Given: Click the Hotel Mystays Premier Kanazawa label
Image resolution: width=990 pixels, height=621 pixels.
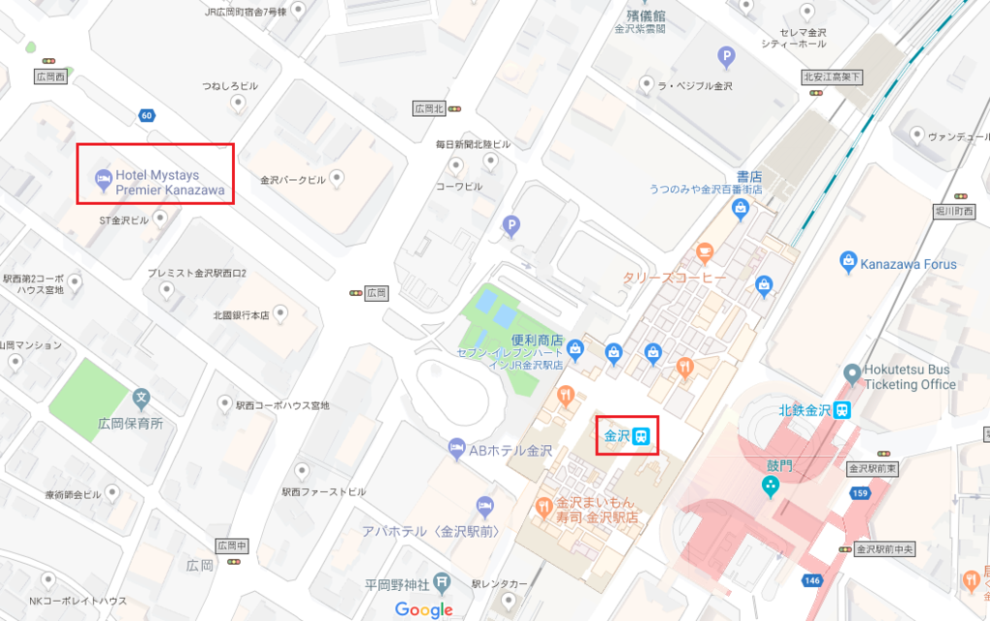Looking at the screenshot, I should (170, 184).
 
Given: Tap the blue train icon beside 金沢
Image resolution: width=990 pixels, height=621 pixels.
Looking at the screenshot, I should (642, 436).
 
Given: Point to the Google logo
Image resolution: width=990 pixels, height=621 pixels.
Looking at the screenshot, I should (423, 609).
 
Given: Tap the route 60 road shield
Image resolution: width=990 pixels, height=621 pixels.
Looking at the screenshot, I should (146, 116).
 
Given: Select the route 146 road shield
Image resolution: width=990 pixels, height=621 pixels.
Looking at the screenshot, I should (810, 580).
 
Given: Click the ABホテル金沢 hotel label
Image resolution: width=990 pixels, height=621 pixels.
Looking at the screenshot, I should (510, 451).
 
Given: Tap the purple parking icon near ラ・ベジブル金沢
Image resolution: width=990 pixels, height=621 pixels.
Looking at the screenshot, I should (724, 58).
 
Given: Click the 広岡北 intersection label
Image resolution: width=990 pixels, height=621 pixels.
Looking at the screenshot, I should (427, 108).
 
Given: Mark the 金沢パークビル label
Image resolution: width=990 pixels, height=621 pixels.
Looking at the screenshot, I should (294, 179).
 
